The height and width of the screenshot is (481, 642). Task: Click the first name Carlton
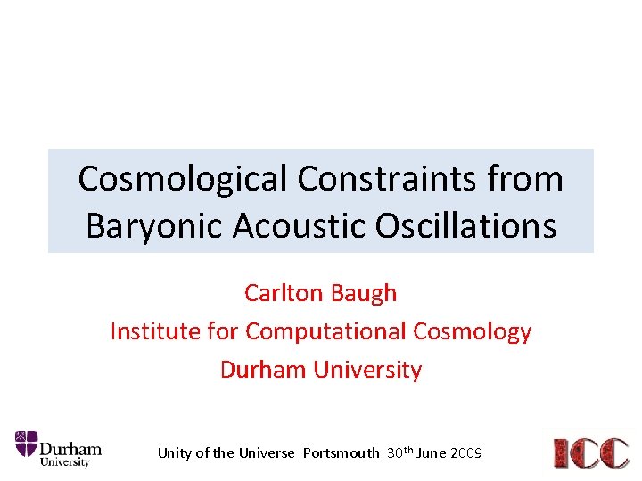pos(283,292)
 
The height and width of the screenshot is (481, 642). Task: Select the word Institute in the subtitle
pos(154,331)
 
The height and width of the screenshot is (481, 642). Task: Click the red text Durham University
pos(321,370)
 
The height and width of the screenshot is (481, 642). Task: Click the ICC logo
pos(591,452)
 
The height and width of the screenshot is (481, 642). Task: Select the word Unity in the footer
pos(175,453)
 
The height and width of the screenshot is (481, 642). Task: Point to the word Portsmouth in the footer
pos(341,453)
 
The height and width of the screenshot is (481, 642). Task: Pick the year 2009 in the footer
pos(467,453)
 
